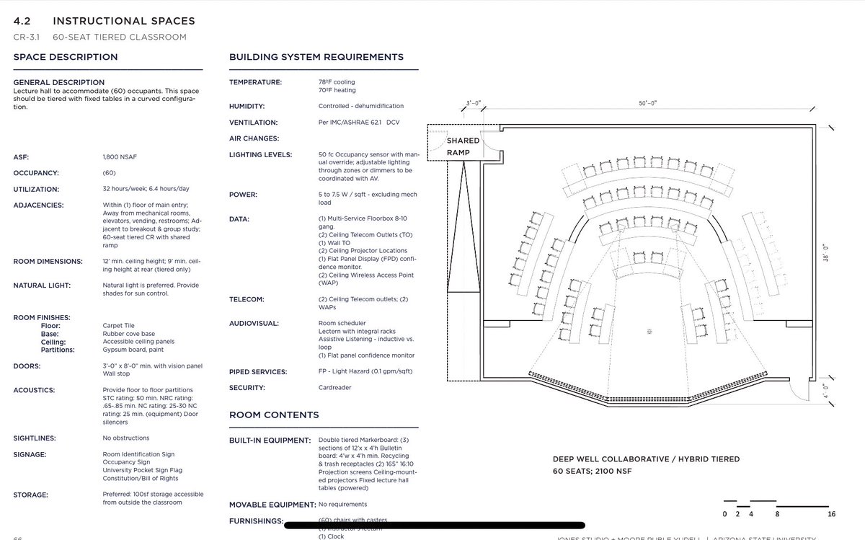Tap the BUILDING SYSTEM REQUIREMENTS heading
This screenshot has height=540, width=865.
[x=316, y=57]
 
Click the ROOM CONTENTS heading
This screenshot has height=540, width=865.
[x=273, y=415]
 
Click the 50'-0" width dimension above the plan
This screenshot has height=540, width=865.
[x=648, y=103]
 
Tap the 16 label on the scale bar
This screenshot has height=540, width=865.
[x=831, y=514]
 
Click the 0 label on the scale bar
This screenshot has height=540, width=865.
[x=724, y=514]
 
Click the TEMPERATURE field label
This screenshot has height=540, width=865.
[x=256, y=82]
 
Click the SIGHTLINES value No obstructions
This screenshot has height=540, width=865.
[x=126, y=438]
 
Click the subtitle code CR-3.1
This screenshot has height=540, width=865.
[x=27, y=37]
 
